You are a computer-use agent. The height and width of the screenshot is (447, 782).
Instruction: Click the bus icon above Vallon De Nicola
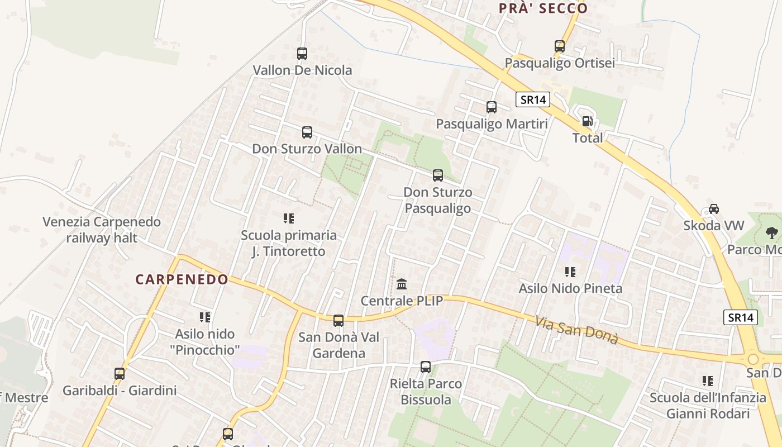tap(302, 54)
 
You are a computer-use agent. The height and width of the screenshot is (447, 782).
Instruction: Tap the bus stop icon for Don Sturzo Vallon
tap(307, 132)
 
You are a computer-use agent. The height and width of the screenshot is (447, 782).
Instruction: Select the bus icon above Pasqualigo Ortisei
tap(560, 46)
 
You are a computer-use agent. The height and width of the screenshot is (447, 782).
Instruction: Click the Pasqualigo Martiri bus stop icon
tap(492, 107)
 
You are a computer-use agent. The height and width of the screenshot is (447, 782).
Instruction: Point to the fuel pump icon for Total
tap(587, 121)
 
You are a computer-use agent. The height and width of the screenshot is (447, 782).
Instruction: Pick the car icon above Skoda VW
tap(713, 209)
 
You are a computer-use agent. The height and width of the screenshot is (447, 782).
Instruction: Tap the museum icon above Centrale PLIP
tap(402, 284)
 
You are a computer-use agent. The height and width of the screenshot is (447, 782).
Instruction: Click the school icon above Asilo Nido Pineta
tap(570, 272)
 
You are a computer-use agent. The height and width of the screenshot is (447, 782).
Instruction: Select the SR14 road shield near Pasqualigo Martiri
tap(533, 100)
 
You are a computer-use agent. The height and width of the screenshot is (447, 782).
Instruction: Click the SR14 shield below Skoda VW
tap(741, 317)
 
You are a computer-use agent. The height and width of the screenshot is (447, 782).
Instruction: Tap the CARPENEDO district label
tap(182, 279)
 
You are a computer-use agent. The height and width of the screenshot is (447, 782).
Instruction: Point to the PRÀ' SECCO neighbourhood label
tap(543, 8)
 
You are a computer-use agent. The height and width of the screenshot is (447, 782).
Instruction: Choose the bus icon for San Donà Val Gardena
tap(338, 321)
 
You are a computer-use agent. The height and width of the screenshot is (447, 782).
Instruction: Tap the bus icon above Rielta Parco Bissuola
tap(426, 367)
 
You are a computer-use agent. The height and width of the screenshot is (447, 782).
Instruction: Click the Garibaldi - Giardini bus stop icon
tap(120, 374)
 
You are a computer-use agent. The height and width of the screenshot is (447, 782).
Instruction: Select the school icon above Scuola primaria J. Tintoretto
tap(289, 218)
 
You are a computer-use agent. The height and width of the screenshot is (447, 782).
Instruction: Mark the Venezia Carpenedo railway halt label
tap(102, 230)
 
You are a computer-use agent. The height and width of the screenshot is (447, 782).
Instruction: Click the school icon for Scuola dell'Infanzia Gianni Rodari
tap(708, 381)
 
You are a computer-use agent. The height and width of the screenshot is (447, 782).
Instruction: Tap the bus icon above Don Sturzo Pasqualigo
tap(438, 175)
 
